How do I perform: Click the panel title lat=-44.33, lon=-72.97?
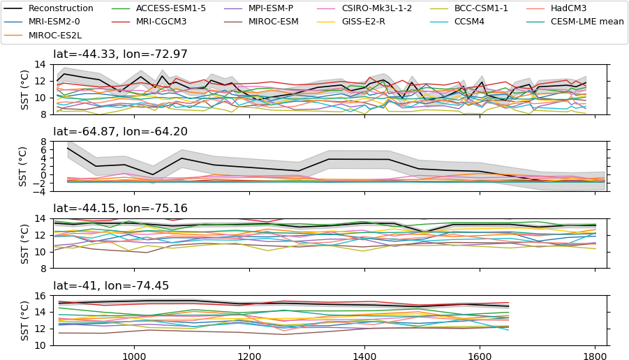[120, 54]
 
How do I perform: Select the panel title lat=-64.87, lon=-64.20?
[120, 132]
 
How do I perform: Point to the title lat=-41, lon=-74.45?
[111, 286]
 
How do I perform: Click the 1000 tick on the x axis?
[133, 354]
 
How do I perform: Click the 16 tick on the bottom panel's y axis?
[40, 296]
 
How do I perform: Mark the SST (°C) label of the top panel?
[23, 89]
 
